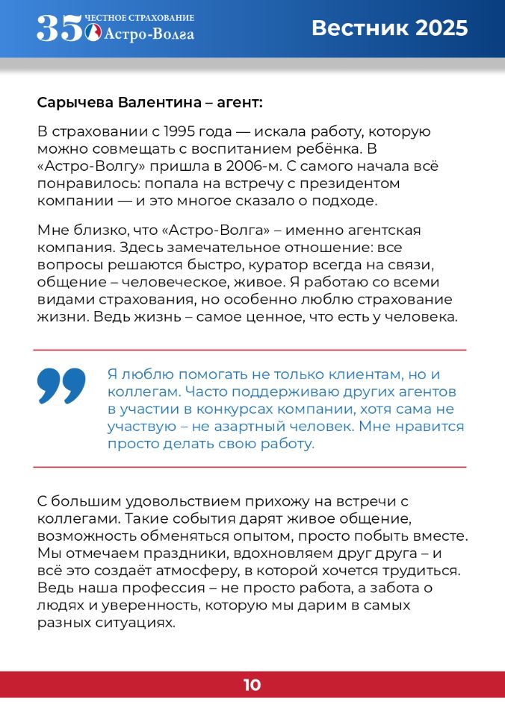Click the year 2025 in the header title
[442, 28]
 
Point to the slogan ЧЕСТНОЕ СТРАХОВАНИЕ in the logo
[140, 17]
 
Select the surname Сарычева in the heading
[72, 101]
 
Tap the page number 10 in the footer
[252, 685]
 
